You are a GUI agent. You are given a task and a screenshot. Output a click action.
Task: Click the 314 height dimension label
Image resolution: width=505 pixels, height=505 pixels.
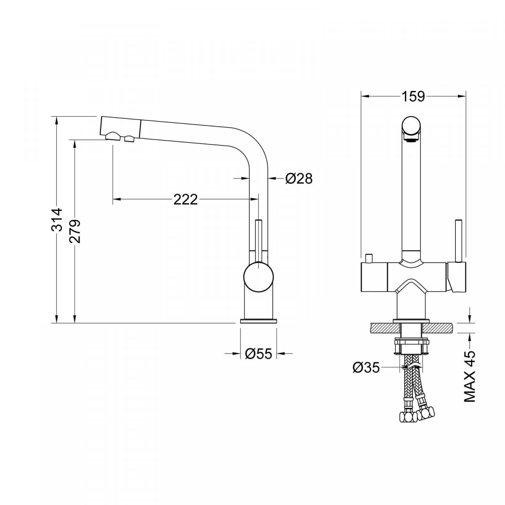[x=57, y=220]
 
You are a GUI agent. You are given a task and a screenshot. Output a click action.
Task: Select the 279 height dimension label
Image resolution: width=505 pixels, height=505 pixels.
[x=74, y=231]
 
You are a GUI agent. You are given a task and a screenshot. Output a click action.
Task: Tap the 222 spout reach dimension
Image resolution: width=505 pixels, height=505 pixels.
[x=185, y=200]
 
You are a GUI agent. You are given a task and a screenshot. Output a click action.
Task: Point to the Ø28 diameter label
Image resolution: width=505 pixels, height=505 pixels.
[x=299, y=179]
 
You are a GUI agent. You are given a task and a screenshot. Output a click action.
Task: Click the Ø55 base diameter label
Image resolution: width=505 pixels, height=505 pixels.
[x=259, y=354]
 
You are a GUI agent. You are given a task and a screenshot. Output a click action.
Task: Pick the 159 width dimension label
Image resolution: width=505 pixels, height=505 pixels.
[x=413, y=96]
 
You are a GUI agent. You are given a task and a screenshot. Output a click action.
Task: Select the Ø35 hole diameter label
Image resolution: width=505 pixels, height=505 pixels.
[x=366, y=368]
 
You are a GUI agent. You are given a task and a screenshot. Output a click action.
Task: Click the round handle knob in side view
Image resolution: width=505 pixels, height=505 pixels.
[x=258, y=277]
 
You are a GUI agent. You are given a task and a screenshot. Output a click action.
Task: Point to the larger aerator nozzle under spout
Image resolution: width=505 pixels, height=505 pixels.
[x=113, y=136]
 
